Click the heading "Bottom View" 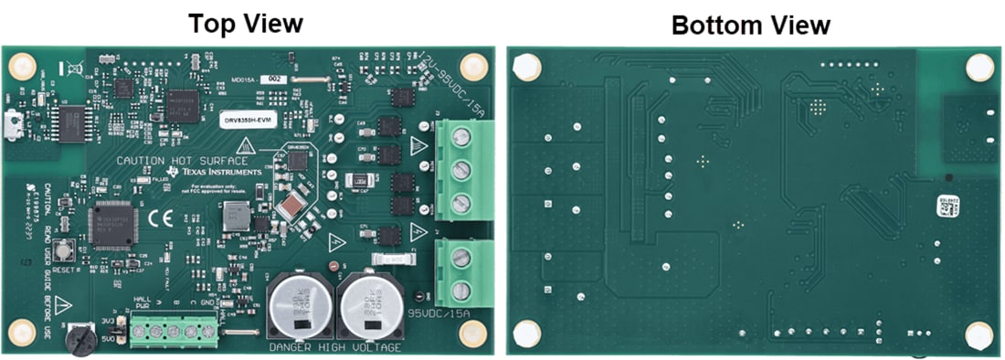pos(750,25)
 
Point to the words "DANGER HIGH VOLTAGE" pos(335,348)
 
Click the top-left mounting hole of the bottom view pos(527,66)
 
